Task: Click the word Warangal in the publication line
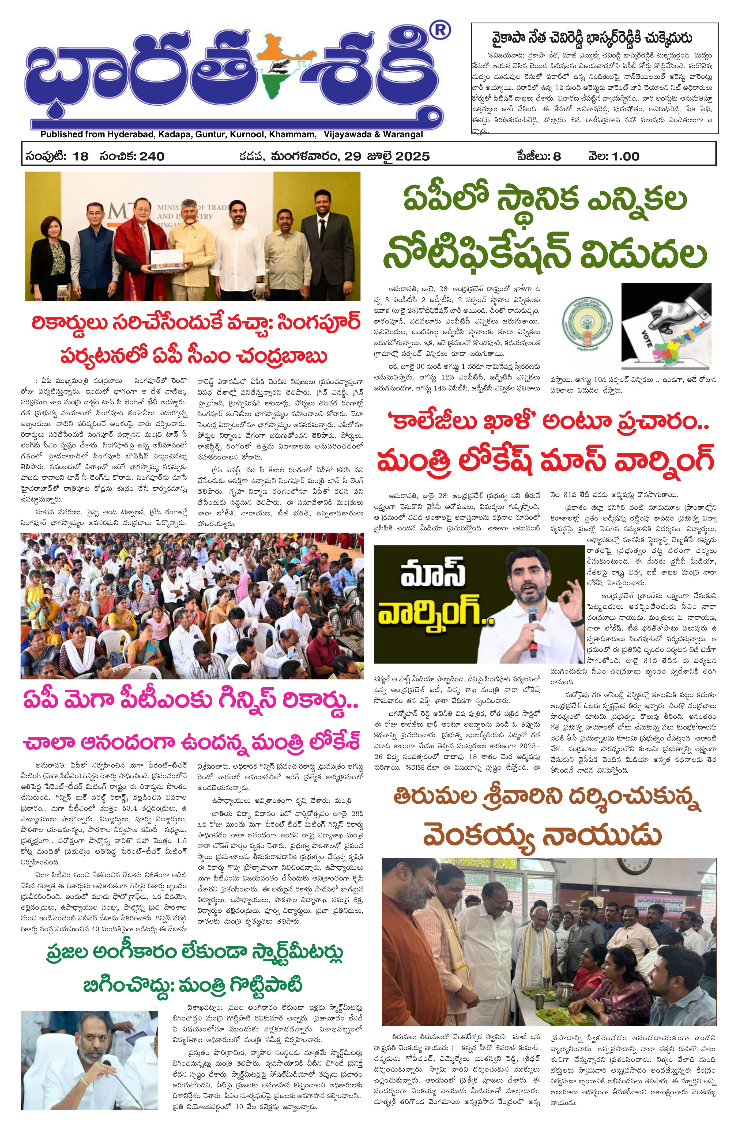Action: pyautogui.click(x=401, y=134)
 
